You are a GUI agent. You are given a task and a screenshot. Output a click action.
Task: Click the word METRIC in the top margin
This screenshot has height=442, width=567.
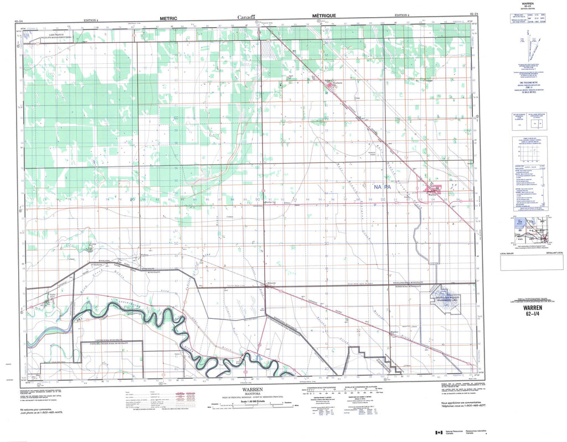click(168, 18)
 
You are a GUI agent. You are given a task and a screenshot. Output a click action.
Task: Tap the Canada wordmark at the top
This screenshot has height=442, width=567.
click(247, 18)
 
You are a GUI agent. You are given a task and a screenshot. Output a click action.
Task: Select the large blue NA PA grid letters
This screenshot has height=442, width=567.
click(383, 188)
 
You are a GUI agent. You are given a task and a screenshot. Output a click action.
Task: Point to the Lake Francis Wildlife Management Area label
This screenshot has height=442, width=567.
click(64, 35)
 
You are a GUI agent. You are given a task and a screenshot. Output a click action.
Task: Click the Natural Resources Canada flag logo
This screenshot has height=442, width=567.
click(439, 433)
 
